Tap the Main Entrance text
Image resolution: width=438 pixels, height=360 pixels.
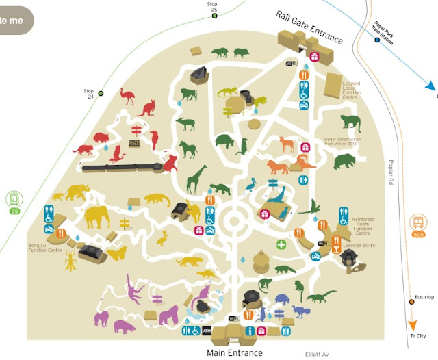pos(234,353)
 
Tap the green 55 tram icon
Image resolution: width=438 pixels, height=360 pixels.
pos(14,202)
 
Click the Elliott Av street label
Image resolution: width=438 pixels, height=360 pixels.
pos(317,354)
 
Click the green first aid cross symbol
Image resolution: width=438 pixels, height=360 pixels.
pos(281,244)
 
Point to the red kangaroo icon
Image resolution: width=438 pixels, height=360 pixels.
pos(146,107)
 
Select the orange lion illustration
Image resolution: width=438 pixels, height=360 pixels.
pos(278,168)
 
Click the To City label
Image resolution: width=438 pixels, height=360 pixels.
pos(418,335)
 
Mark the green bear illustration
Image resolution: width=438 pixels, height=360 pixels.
pos(344,162)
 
